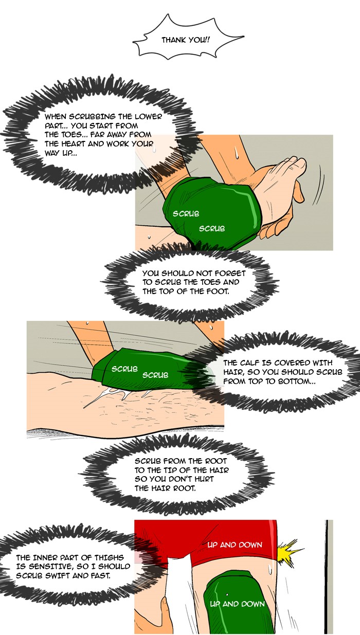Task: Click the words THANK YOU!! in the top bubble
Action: coord(186,40)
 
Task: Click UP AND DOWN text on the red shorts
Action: coord(235,545)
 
